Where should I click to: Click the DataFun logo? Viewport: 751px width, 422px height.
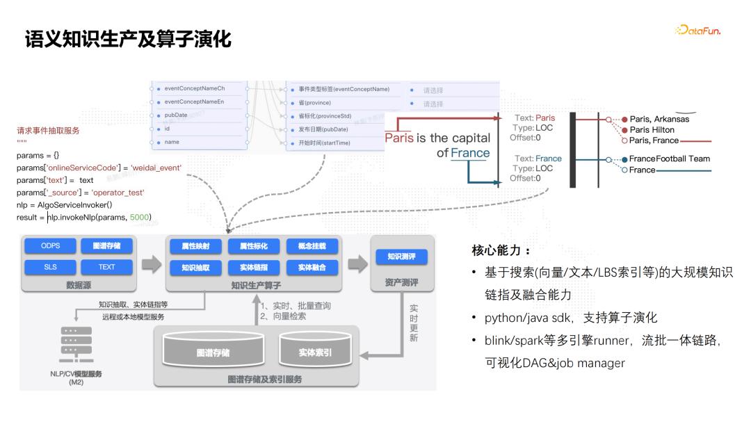click(697, 31)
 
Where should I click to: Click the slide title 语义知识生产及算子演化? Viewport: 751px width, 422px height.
click(128, 38)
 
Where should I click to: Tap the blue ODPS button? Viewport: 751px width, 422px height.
click(50, 246)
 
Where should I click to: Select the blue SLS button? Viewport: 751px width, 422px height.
click(50, 267)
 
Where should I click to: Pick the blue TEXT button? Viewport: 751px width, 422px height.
click(106, 267)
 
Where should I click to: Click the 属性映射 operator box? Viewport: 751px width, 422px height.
click(195, 246)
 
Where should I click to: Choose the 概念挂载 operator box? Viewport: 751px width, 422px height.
click(312, 246)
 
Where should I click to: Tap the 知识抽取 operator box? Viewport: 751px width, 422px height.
click(195, 267)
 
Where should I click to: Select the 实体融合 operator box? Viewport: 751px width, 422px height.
click(312, 267)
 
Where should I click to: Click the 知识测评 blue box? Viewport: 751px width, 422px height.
click(402, 257)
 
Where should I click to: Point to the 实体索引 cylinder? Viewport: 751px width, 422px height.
click(315, 352)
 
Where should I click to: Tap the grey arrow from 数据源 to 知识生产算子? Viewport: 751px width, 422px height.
click(152, 264)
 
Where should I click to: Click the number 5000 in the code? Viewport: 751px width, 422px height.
click(140, 218)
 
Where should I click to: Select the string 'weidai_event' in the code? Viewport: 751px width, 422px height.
click(156, 168)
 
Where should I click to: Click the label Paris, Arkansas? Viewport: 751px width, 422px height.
click(659, 119)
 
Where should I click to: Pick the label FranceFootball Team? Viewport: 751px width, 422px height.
click(670, 159)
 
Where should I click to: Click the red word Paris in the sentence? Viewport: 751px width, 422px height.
click(399, 138)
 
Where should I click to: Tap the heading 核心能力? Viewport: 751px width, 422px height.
click(501, 250)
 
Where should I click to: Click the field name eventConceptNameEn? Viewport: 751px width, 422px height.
click(195, 102)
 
